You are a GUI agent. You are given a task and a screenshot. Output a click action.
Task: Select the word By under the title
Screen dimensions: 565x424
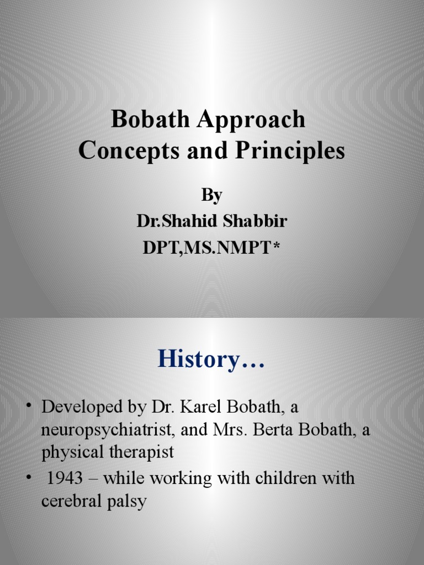[211, 195]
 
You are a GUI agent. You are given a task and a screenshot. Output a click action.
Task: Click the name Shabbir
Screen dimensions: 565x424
[253, 221]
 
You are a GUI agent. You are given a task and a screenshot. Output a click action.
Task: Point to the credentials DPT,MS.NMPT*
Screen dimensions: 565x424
[211, 248]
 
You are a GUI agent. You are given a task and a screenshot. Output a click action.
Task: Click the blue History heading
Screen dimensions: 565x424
[211, 360]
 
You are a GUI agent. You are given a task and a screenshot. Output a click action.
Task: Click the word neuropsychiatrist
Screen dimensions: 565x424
[108, 430]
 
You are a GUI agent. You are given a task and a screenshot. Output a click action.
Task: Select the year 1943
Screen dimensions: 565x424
[65, 478]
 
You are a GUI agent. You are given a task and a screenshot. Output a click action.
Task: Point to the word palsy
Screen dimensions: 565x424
[127, 502]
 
